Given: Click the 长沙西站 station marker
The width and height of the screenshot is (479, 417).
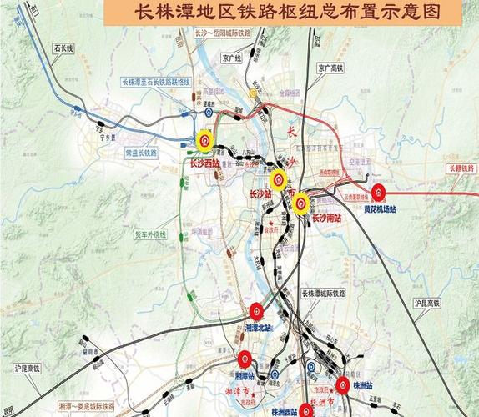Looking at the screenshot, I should pyautogui.click(x=204, y=140).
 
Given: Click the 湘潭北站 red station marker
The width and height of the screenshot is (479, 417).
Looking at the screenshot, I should pyautogui.click(x=257, y=313).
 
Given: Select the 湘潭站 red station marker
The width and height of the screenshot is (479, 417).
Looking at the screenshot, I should pyautogui.click(x=245, y=359).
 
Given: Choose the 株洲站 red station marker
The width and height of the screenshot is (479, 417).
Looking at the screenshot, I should pyautogui.click(x=343, y=384).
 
